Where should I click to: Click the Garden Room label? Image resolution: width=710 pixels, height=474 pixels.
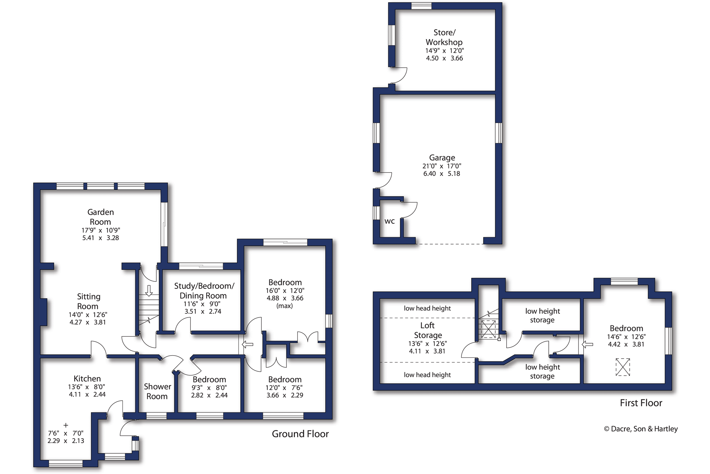tap(101, 217)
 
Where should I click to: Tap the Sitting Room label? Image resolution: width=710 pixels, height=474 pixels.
tap(88, 301)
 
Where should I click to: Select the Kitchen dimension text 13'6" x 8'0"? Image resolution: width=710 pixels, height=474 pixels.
tap(86, 387)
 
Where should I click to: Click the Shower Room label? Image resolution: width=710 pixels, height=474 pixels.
tap(157, 391)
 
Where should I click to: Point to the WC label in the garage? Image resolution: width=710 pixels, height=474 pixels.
tap(389, 221)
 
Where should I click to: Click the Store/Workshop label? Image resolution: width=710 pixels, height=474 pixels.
tap(444, 37)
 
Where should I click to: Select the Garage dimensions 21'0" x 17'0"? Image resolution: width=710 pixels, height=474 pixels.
tap(441, 166)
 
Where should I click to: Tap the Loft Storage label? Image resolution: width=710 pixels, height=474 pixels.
tap(427, 330)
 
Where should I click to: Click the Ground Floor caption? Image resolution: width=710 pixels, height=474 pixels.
tap(300, 434)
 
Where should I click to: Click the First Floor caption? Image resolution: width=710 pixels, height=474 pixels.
tap(641, 403)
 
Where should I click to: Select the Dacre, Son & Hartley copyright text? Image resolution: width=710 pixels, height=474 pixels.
tap(641, 429)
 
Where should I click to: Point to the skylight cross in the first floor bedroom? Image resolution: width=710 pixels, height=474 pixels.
tap(623, 367)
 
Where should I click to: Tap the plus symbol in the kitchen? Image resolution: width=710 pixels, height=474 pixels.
tap(66, 425)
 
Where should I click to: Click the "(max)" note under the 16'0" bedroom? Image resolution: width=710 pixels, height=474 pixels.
tap(285, 306)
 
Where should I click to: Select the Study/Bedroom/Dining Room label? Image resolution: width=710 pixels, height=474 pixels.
tap(204, 290)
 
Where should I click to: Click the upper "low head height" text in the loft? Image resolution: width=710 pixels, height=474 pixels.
tap(427, 308)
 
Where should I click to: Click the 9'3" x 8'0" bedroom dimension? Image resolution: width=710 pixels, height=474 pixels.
tap(209, 388)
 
